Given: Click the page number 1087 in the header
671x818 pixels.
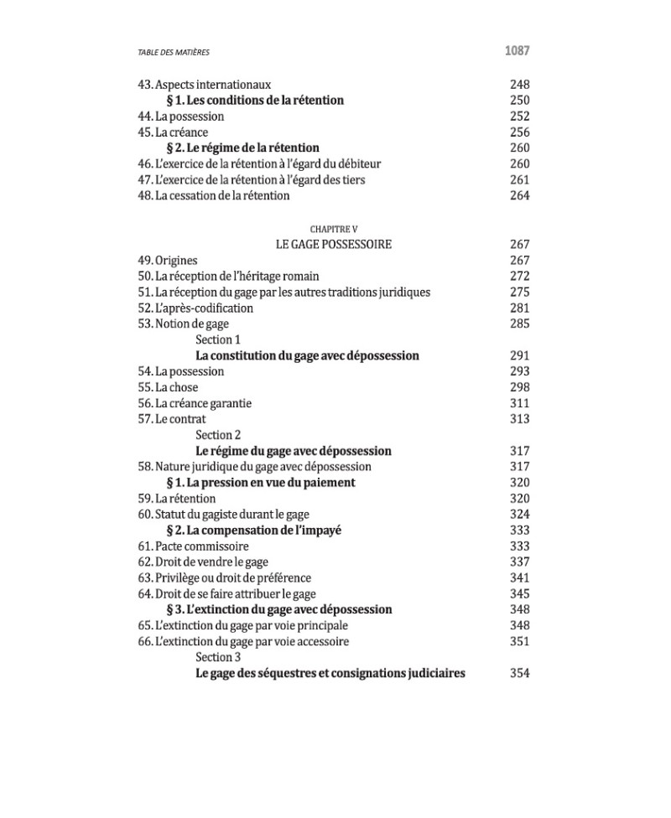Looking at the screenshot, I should click(x=517, y=51).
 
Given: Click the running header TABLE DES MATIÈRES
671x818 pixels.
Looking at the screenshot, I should click(x=174, y=53).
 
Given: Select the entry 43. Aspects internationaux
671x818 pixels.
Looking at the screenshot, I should click(x=204, y=85).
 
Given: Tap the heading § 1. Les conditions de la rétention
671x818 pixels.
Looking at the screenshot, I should click(x=255, y=101).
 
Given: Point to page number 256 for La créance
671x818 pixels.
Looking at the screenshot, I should click(x=520, y=132).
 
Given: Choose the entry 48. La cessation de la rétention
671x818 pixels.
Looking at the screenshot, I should click(x=213, y=196).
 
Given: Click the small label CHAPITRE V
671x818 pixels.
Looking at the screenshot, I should click(x=334, y=229).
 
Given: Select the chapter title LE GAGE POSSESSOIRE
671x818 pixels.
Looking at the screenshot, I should click(x=333, y=245).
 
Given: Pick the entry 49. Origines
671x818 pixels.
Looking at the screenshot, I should click(x=168, y=261).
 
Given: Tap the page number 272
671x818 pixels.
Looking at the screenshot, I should click(x=520, y=277).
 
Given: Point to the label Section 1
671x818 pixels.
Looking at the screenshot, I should click(x=218, y=339).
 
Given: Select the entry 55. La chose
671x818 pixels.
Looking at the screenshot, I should click(x=168, y=387).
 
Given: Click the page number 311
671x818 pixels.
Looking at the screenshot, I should click(x=520, y=403).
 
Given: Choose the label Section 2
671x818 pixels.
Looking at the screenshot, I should click(x=218, y=435).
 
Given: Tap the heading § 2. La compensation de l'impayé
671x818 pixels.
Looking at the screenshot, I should click(x=254, y=531).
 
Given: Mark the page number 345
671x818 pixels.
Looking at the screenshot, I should click(x=520, y=594).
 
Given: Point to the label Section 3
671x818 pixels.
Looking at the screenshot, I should click(x=218, y=658).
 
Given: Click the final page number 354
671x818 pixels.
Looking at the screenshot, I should click(x=520, y=674).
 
